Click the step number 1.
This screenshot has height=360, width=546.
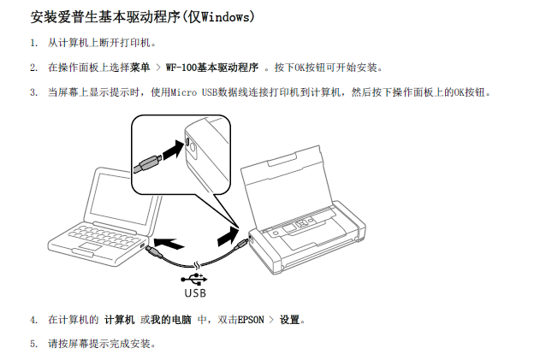(x=33, y=43)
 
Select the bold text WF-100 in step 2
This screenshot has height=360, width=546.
(x=181, y=68)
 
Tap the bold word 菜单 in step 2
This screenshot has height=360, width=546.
(x=140, y=68)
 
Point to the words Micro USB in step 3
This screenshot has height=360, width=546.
(x=193, y=92)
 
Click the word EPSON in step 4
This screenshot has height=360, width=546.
(x=251, y=320)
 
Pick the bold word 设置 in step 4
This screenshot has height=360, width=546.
(x=290, y=319)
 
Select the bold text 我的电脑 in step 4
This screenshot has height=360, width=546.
(x=171, y=319)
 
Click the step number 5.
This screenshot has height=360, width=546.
(x=33, y=344)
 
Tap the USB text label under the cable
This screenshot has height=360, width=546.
(x=195, y=292)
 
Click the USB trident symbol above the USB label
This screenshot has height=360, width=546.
(x=194, y=279)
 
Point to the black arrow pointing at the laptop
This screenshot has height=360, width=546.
(x=169, y=243)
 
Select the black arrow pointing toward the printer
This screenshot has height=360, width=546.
(x=228, y=236)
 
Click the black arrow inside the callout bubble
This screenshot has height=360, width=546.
(x=173, y=150)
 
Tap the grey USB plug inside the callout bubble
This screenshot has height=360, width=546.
(x=148, y=164)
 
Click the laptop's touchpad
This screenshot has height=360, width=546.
(x=90, y=247)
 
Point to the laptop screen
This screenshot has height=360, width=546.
(x=120, y=199)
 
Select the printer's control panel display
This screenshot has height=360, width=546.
(x=289, y=228)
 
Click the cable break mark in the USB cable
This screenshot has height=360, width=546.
(x=197, y=266)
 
